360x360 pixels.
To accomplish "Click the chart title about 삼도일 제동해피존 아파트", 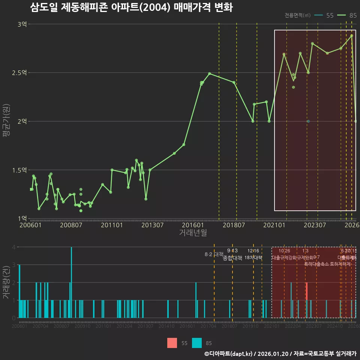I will (131, 7).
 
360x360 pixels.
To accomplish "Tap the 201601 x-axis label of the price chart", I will (193, 225).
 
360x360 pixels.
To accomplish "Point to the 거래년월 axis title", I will (193, 233).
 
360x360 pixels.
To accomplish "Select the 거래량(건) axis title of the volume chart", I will (6, 282).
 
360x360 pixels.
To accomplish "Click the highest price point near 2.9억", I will (352, 36).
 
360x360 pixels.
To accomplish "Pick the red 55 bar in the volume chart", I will (307, 291).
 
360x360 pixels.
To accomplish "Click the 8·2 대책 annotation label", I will (214, 255).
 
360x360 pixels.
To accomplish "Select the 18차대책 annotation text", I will (253, 258).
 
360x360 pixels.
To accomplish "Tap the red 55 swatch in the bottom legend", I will (172, 343).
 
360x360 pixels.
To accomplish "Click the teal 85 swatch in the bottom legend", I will (197, 343).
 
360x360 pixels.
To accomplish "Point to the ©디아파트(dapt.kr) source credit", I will (229, 354).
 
